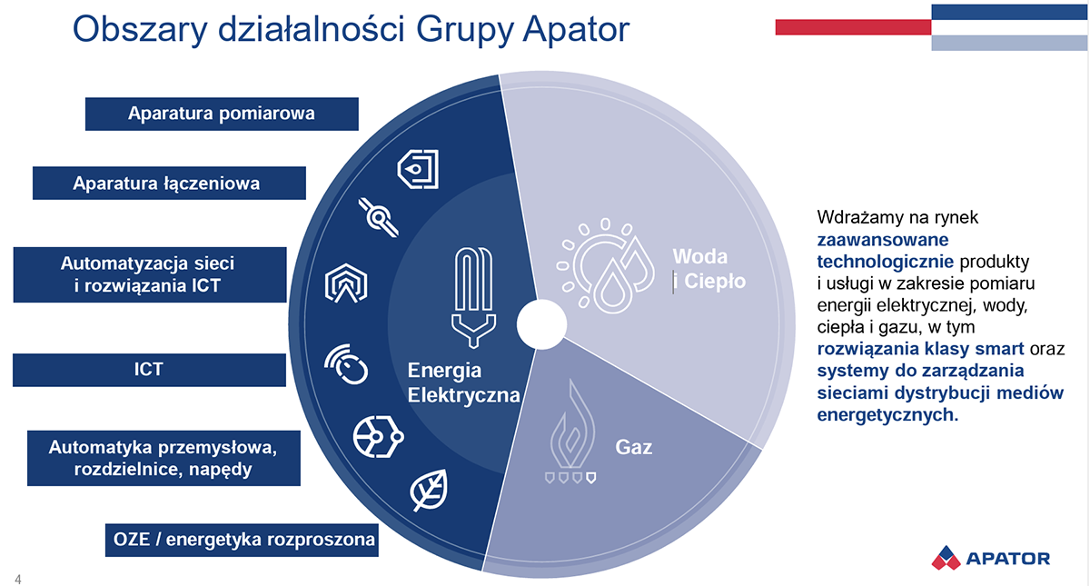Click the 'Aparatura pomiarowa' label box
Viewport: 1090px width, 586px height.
[222, 114]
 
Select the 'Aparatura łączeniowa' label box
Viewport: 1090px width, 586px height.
[168, 183]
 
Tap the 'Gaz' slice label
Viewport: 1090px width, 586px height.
[634, 447]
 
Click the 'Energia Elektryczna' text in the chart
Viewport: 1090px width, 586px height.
[463, 382]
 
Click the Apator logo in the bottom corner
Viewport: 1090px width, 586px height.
[991, 558]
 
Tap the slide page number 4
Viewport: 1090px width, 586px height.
[18, 580]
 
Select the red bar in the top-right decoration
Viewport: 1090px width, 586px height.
[852, 27]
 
